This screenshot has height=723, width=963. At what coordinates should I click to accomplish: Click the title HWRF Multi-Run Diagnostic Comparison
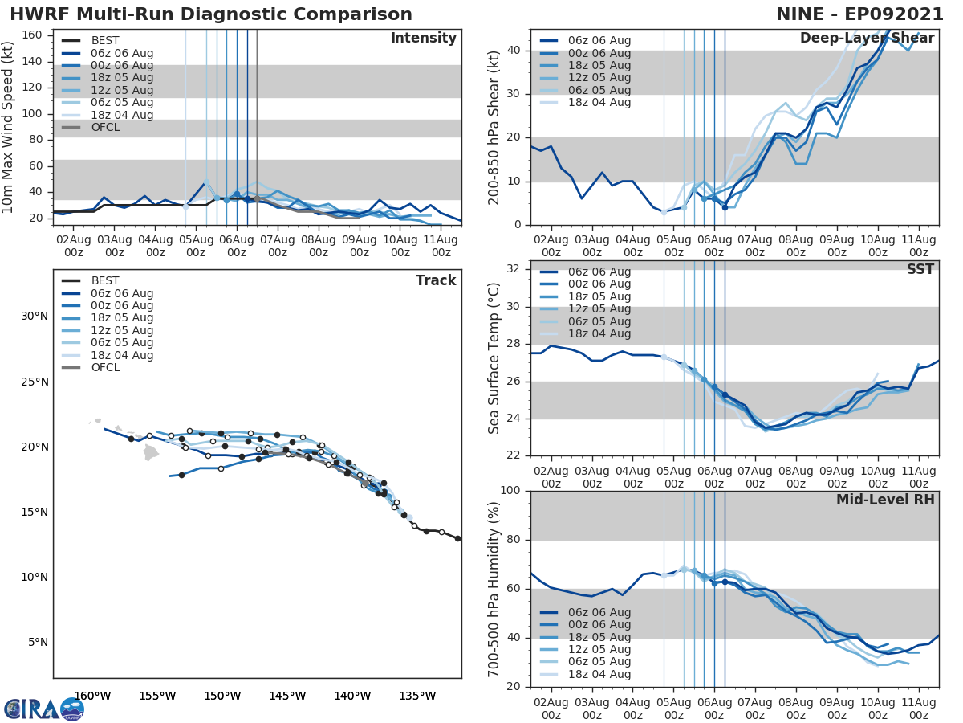tap(211, 14)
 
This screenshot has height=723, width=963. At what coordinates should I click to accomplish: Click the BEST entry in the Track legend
tap(105, 280)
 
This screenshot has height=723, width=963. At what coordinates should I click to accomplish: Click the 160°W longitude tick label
tap(92, 696)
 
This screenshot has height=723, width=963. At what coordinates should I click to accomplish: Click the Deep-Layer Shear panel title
tap(867, 39)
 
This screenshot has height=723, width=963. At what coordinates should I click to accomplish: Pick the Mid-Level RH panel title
tap(885, 500)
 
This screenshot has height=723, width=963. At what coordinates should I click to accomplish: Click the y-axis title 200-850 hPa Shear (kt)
tap(495, 127)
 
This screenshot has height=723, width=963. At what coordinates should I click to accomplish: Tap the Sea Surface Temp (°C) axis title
tap(495, 358)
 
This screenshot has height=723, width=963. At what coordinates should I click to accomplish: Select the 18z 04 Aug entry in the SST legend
tap(599, 333)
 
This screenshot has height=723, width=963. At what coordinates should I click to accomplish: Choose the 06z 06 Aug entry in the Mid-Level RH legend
tap(599, 612)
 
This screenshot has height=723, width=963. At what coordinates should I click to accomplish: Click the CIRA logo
tap(43, 709)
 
